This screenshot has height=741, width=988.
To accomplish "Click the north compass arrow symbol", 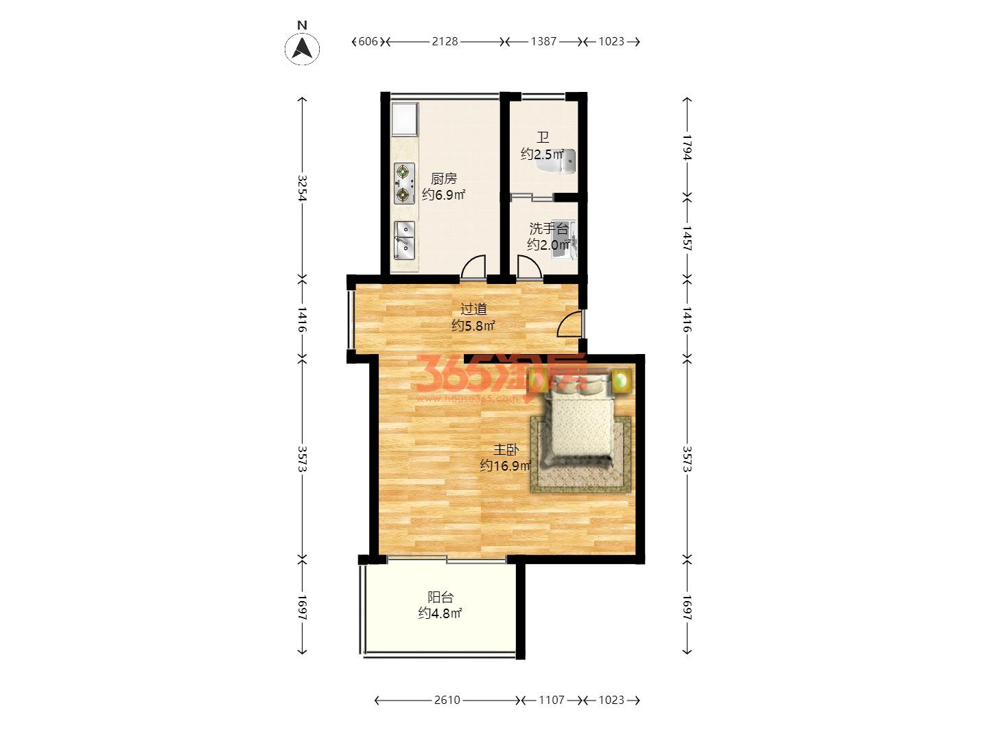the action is pos(302,48).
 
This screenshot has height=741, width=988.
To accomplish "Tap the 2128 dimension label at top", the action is pos(445,42).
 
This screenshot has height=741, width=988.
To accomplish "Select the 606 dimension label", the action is pos(368,42).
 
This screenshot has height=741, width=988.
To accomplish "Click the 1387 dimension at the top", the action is pos(543,42).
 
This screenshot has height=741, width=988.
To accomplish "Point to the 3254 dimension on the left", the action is pos(302,188).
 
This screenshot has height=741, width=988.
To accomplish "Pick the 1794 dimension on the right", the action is pos(687,147).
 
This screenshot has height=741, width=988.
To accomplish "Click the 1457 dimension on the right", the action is pos(687,238).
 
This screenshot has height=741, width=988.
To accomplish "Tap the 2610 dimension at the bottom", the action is pos(447,700).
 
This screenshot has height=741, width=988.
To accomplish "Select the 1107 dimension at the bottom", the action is pos(552,700).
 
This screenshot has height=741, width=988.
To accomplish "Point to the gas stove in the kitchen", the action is pos(404,184).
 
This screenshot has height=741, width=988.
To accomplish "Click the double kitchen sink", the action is pos(404,240).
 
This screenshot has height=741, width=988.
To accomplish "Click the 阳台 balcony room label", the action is pos(440,598).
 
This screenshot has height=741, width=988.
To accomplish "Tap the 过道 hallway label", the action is pos(473,309).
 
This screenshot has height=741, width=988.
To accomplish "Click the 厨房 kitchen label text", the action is pos(444,178).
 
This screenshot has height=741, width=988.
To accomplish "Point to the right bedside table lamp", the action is pos(622,381).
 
